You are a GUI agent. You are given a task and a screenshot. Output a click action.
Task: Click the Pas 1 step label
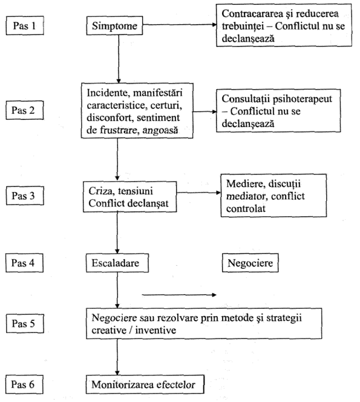coord(25,25)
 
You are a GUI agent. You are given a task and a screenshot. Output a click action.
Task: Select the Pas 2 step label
coord(25,110)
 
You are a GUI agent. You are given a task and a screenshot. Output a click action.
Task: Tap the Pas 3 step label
coord(25,196)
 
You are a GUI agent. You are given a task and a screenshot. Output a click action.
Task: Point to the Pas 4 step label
coord(25,263)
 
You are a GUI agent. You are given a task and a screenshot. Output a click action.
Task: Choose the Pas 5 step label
coord(25,323)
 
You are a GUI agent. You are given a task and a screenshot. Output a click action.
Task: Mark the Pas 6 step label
coord(25,384)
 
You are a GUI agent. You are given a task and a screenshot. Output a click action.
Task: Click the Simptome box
coord(114,25)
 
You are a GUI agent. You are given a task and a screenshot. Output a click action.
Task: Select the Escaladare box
coord(117,263)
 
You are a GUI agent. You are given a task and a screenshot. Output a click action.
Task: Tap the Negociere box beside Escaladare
coord(250,263)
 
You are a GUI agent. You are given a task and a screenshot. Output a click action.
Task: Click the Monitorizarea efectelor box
coord(145,384)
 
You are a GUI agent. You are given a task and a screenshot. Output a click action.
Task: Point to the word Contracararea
coord(253,13)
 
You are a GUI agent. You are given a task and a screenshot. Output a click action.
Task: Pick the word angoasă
coord(160,130)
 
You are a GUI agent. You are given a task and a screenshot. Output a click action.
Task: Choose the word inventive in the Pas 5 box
coord(155,330)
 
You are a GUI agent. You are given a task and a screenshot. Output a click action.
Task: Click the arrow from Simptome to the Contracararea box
coord(180,25)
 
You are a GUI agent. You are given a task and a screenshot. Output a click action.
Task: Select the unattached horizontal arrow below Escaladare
coord(179,295)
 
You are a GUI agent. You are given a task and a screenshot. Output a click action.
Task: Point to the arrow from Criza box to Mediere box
coord(198,193)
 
